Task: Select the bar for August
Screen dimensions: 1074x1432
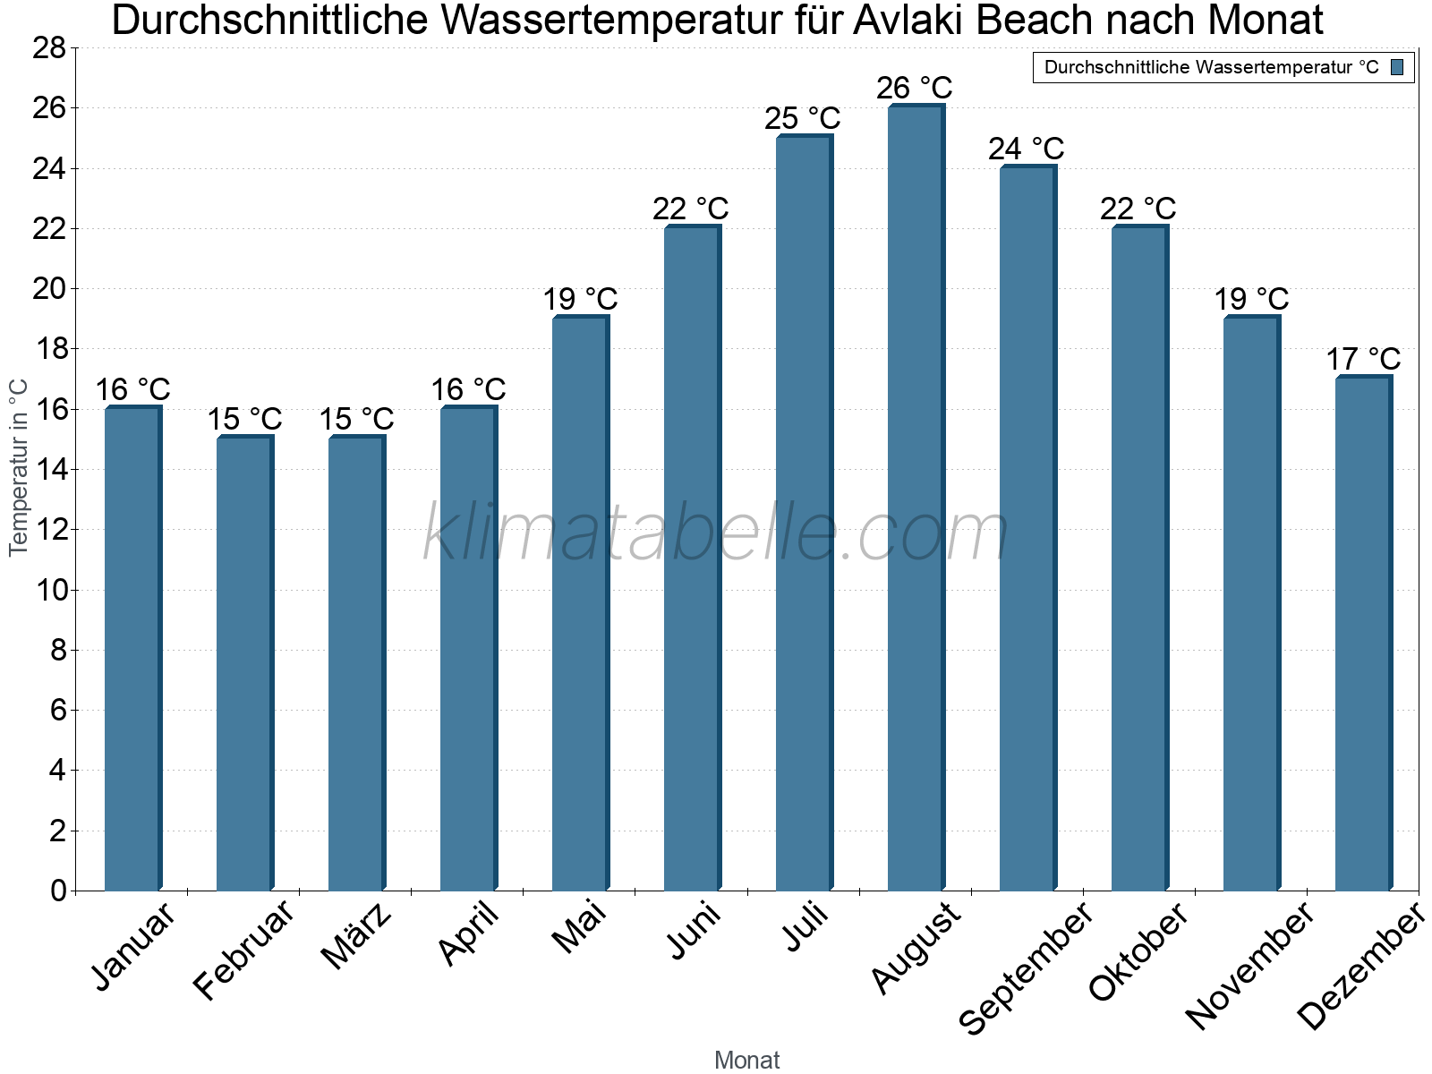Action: [x=916, y=498]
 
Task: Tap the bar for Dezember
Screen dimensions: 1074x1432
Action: [x=1363, y=633]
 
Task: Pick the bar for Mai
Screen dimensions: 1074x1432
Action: [x=580, y=603]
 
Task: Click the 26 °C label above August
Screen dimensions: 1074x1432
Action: [x=915, y=88]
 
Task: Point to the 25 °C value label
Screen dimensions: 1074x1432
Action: [x=803, y=118]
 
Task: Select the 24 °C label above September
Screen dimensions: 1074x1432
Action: [x=1027, y=149]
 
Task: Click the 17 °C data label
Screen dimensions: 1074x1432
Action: [x=1363, y=359]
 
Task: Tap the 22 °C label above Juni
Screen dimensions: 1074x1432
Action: [x=691, y=209]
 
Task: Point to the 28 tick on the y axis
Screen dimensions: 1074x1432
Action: [x=49, y=47]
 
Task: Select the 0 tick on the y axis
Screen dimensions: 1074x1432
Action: [x=58, y=891]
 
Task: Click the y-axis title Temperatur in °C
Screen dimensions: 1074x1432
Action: [x=19, y=467]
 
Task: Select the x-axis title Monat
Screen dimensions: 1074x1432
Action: [x=747, y=1061]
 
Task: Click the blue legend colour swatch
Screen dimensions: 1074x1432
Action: [x=1397, y=67]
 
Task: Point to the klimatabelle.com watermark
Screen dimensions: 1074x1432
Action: [x=716, y=533]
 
